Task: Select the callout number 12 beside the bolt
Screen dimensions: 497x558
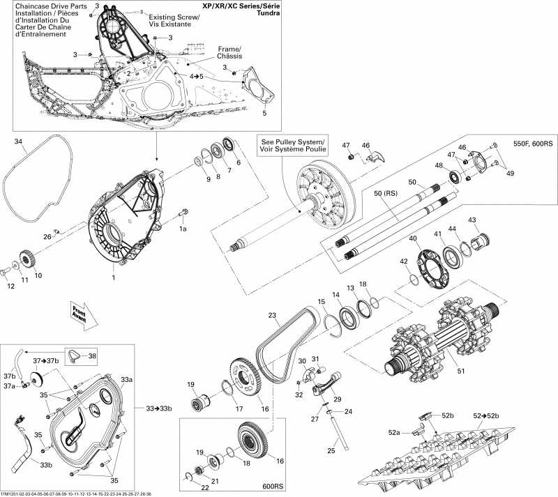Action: [10, 285]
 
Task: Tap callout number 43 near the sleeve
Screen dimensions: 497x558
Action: [472, 220]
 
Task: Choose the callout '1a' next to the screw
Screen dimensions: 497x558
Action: [183, 228]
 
